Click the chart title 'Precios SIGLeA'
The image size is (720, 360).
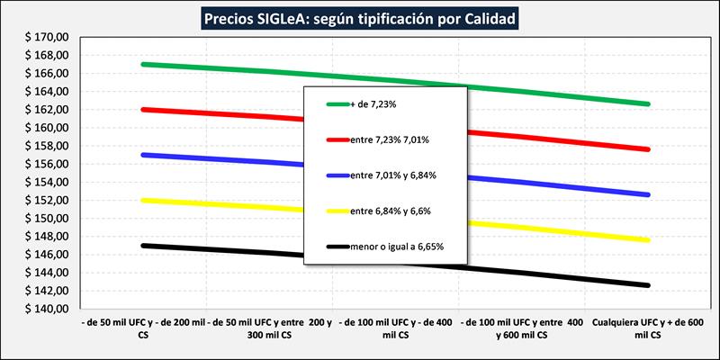(x=359, y=17)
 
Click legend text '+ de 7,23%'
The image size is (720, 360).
(x=371, y=104)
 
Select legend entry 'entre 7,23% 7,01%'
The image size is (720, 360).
(x=391, y=139)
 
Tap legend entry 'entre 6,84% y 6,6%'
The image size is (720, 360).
(x=392, y=210)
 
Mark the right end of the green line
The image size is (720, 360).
(x=647, y=104)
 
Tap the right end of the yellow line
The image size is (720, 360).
(x=647, y=239)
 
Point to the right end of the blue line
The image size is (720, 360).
(x=647, y=194)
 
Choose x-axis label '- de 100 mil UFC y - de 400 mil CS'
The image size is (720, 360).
(x=395, y=326)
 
